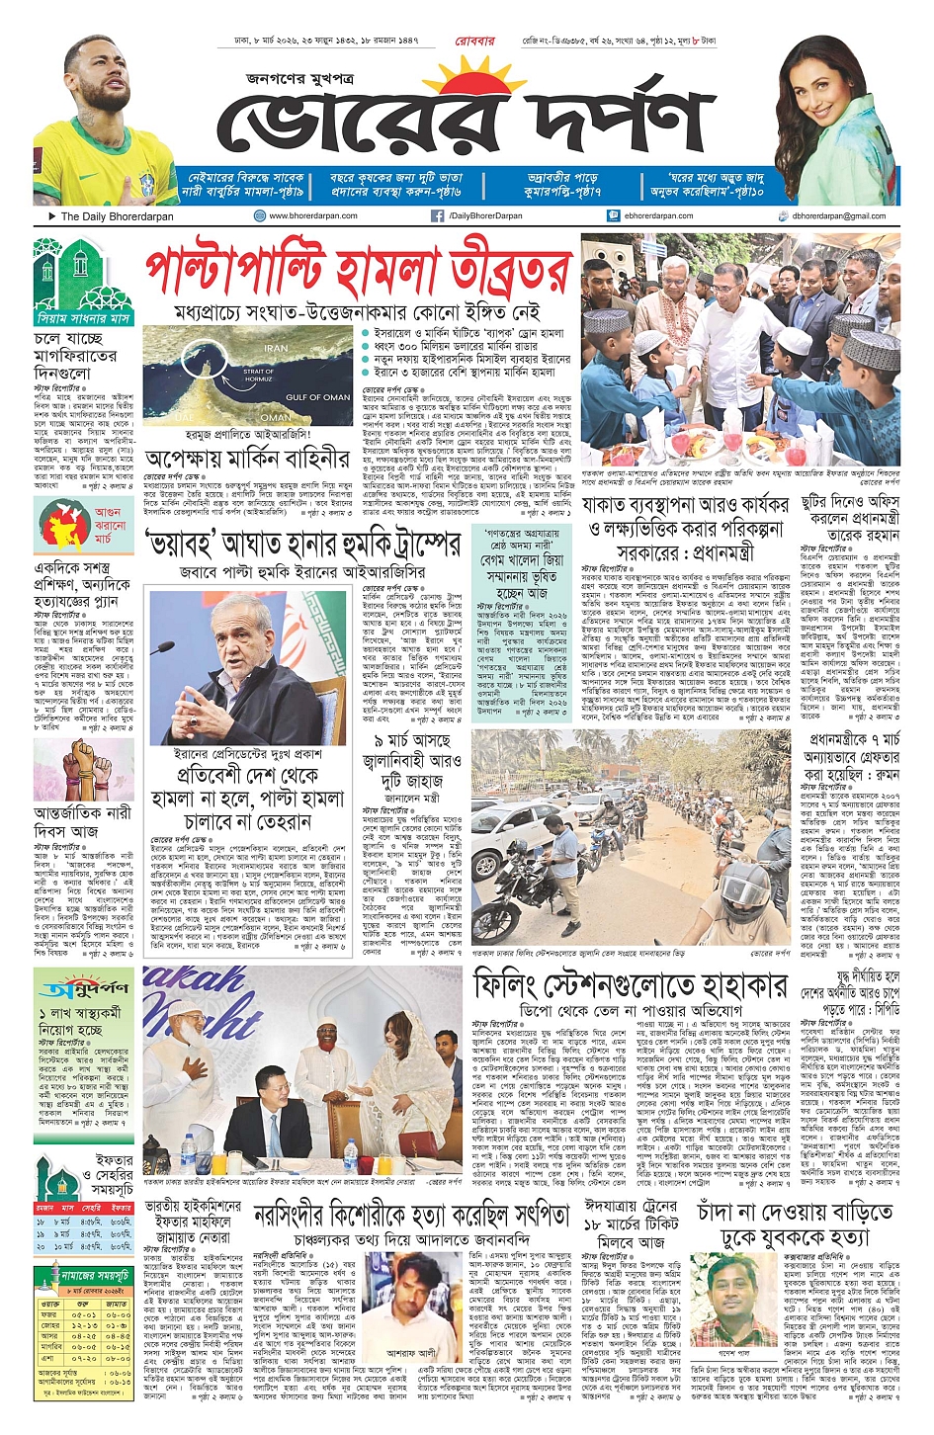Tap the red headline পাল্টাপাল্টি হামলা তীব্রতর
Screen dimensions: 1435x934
358,270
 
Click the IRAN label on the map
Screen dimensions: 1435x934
276,348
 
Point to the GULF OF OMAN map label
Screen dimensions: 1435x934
317,397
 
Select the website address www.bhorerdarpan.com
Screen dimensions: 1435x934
312,215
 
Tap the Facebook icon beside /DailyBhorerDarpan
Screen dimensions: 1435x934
437,215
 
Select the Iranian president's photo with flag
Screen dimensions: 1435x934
247,667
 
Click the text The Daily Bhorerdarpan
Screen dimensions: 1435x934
117,215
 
